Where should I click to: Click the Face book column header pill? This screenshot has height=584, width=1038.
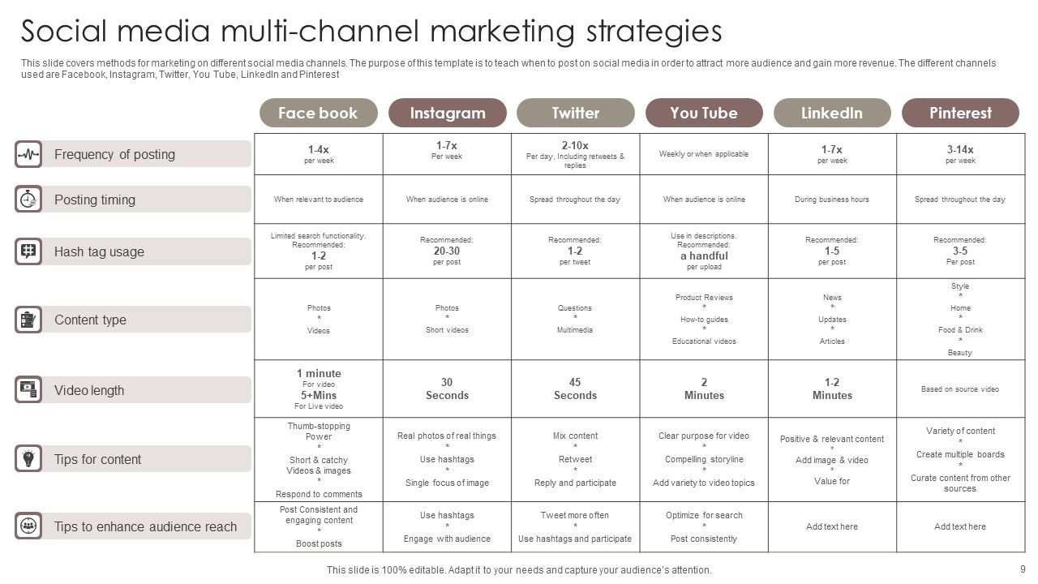tap(318, 113)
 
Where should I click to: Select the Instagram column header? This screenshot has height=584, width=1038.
tap(447, 113)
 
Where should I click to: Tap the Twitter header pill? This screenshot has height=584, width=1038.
tap(575, 113)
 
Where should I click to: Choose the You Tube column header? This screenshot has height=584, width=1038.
tap(704, 113)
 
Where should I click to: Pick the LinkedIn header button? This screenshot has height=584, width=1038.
tap(832, 113)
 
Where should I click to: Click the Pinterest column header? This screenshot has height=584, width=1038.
tap(960, 113)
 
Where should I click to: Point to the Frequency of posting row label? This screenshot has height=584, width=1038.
tap(114, 154)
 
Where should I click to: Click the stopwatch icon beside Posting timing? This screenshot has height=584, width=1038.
tap(28, 200)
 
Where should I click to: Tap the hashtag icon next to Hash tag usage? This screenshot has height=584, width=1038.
tap(28, 251)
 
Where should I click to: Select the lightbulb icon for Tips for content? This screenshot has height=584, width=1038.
tap(28, 459)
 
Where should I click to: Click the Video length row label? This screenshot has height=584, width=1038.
tap(89, 390)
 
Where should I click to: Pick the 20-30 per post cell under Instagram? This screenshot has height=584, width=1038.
tap(447, 251)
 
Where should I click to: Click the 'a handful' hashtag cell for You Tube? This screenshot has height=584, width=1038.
tap(704, 251)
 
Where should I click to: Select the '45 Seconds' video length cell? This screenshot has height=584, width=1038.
tap(575, 389)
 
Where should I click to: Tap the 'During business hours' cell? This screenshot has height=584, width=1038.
tap(832, 200)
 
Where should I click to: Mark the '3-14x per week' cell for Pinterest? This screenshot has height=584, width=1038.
tap(960, 154)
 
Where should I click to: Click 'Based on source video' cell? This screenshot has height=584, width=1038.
tap(960, 389)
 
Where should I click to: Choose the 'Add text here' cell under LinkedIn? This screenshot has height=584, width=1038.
tap(832, 526)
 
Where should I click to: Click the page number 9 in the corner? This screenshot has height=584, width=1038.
tap(1023, 569)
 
